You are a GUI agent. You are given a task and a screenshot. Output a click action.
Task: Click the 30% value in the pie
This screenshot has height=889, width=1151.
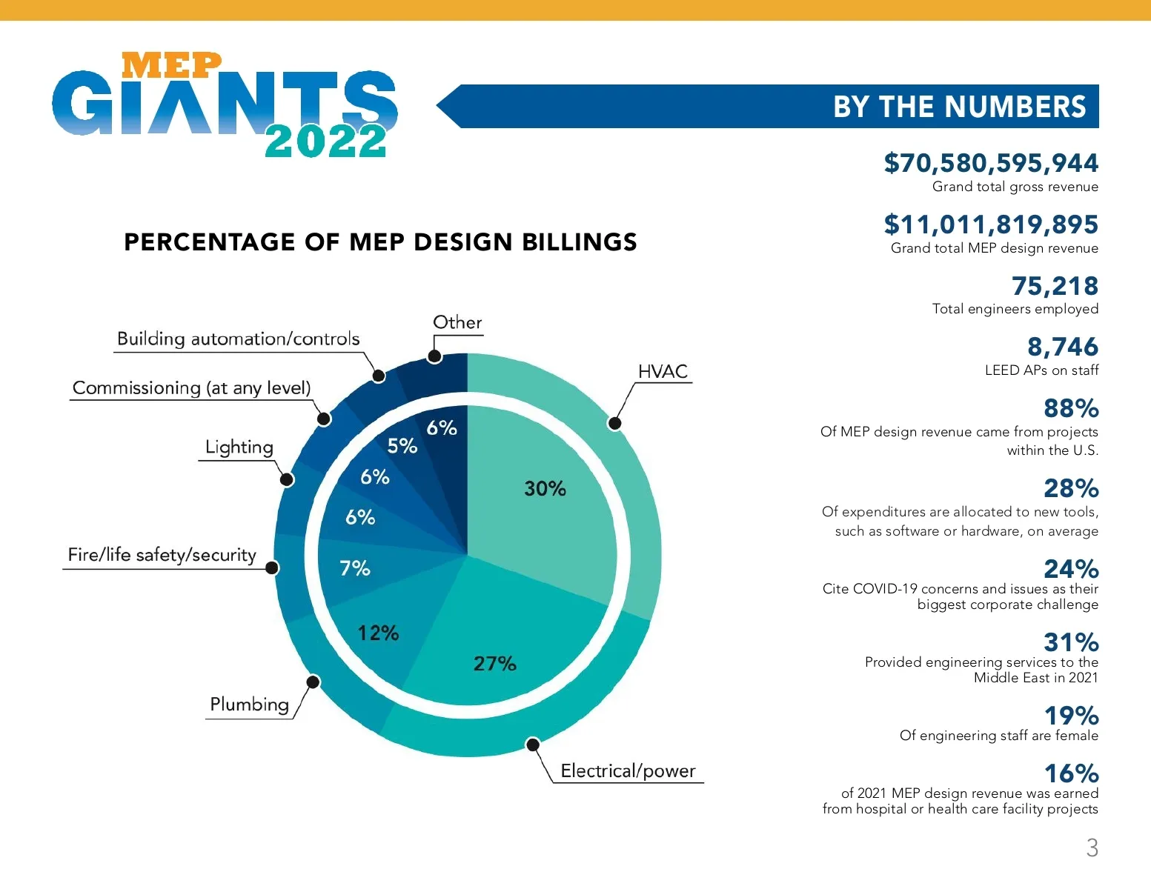coord(545,489)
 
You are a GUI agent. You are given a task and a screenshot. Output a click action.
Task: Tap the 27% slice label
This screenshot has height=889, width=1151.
coord(494,663)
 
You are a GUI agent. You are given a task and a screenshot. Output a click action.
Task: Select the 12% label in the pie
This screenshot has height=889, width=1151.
coord(378,633)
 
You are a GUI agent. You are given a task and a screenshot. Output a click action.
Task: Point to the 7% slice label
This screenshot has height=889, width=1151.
coord(354,568)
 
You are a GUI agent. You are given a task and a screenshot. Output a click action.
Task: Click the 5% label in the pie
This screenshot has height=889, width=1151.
coord(402,446)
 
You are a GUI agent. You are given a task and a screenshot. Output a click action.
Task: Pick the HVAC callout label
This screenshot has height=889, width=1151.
coord(663,372)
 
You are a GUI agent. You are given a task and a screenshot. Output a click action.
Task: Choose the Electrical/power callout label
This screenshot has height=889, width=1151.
coord(628,771)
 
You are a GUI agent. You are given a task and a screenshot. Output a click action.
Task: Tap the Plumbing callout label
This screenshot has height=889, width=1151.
coord(249,705)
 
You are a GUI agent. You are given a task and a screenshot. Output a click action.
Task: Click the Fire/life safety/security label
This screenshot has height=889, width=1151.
coord(162,555)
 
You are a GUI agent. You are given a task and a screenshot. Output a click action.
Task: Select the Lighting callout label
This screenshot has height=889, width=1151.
coord(239,447)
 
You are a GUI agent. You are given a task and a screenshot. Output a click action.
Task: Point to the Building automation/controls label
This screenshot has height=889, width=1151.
coord(238,339)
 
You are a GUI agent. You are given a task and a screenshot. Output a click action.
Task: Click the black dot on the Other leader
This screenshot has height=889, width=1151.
coord(435,356)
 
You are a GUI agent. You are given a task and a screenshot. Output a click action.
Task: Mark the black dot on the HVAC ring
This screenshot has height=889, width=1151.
coord(614,423)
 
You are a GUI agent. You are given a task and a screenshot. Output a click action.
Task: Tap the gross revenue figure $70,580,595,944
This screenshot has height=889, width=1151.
coord(991,163)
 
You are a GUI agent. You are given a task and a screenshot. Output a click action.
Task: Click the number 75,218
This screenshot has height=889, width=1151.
coord(1055,286)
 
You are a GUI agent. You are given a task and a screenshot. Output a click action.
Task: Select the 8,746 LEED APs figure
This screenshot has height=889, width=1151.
coord(1062,347)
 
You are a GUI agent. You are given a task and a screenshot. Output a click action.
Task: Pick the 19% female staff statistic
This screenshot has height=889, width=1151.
coord(1071,716)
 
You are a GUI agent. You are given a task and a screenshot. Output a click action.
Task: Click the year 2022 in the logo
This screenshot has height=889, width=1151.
coord(325,141)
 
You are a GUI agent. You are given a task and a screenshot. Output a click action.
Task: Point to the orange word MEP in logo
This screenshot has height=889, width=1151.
coord(171,65)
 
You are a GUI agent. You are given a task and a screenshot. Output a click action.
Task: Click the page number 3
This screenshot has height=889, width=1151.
coord(1092,848)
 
